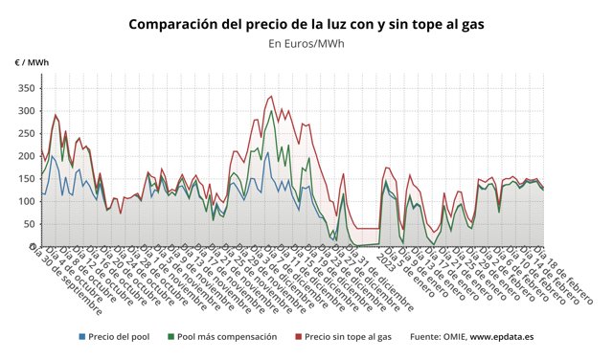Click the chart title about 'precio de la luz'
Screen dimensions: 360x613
pyautogui.click(x=306, y=22)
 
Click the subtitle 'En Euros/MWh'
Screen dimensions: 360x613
pyautogui.click(x=306, y=43)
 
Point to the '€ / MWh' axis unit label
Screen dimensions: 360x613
pyautogui.click(x=32, y=62)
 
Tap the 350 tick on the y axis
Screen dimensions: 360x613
pyautogui.click(x=24, y=88)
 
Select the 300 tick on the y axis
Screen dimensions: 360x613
pyautogui.click(x=24, y=111)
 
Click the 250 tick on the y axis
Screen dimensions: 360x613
pyautogui.click(x=24, y=133)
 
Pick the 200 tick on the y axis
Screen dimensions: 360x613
pyautogui.click(x=24, y=156)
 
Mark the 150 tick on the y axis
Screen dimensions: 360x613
pyautogui.click(x=24, y=178)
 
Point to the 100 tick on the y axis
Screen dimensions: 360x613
pyautogui.click(x=24, y=201)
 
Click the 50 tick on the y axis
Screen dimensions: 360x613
pyautogui.click(x=27, y=223)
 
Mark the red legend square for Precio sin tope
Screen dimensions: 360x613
pyautogui.click(x=297, y=337)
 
